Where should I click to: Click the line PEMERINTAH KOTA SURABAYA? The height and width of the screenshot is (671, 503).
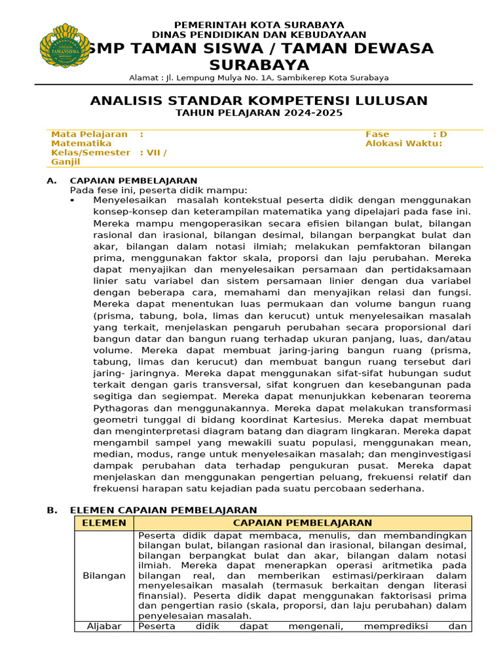[x=259, y=25]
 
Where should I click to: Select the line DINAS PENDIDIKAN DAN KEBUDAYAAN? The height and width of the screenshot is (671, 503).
[x=259, y=34]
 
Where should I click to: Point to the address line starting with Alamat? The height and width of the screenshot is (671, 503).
[x=259, y=77]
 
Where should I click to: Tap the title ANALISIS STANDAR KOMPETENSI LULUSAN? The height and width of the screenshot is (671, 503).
[x=259, y=100]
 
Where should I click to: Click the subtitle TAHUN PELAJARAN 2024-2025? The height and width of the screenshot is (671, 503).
[x=259, y=113]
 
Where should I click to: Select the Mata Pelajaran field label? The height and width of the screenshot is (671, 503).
[x=89, y=134]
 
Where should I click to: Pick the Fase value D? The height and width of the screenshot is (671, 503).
[x=443, y=134]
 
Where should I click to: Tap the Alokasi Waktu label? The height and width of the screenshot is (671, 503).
[x=403, y=144]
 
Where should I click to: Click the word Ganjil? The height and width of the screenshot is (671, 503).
[x=65, y=161]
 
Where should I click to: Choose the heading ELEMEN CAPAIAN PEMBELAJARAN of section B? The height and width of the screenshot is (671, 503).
[x=163, y=510]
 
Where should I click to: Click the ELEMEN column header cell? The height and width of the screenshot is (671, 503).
[x=103, y=523]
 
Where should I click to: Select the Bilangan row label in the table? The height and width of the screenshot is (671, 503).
[x=103, y=575]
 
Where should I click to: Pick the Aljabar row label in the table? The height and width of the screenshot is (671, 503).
[x=103, y=626]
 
